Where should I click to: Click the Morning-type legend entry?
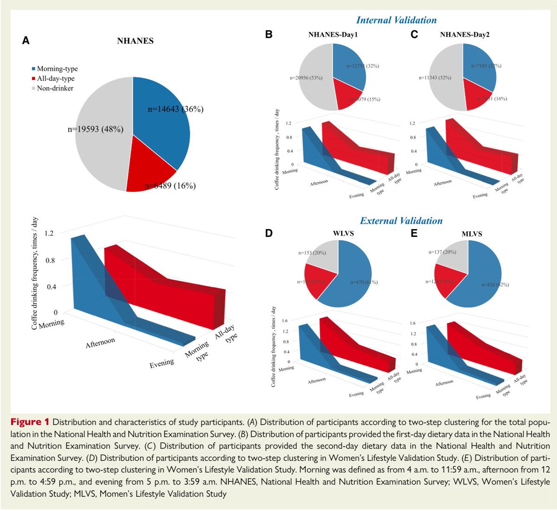(x=55, y=69)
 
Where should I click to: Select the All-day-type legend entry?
(x=53, y=79)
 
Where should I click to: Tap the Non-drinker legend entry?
(x=52, y=88)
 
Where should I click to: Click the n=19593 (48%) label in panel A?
(x=96, y=129)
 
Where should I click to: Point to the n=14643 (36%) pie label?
(x=175, y=109)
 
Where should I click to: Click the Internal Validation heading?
(x=396, y=20)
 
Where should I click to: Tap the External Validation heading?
(x=401, y=221)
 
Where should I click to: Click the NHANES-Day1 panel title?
(x=333, y=34)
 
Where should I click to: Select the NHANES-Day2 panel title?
(x=465, y=34)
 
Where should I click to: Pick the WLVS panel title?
(x=343, y=233)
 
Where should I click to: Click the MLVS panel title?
(x=472, y=234)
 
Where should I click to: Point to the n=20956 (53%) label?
(x=306, y=78)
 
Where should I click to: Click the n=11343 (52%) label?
(x=435, y=78)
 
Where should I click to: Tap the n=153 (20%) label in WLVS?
(x=312, y=253)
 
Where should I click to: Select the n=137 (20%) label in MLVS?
(x=442, y=252)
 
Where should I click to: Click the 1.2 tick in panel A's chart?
(x=49, y=233)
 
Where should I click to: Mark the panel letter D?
(x=269, y=233)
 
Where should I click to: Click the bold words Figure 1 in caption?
(x=30, y=422)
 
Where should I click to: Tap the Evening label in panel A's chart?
(x=162, y=363)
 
